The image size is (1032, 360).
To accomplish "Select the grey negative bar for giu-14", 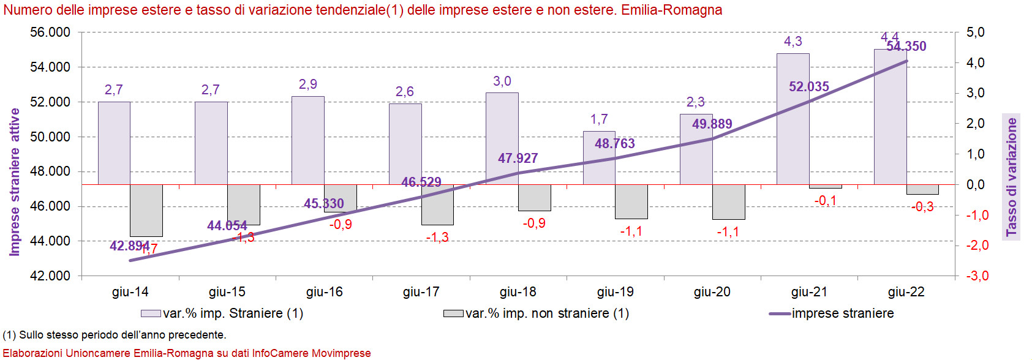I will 146,210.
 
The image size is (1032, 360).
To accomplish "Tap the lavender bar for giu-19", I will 599,158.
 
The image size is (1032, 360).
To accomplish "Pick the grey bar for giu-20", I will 728,201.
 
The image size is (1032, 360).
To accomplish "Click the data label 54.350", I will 906,47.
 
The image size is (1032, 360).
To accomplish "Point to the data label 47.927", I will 518,159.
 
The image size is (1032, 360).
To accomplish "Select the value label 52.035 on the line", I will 808,87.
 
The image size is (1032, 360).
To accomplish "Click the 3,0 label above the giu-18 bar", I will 502,81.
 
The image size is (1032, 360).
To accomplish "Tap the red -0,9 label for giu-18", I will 534,223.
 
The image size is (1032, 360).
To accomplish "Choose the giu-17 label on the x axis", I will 421,292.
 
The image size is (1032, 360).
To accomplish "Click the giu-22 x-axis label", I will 906,292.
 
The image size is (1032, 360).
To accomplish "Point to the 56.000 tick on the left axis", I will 50,32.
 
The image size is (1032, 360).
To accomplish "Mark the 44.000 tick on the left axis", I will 50,241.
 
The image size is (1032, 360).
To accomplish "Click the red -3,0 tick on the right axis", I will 977,276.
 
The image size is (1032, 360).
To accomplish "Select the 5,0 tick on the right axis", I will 976,32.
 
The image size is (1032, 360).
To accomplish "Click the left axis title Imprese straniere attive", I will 15,182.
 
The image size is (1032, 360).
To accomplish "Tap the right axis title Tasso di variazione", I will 1011,177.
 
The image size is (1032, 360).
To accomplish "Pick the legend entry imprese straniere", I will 842,313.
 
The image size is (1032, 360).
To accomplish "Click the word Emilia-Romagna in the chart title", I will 671,10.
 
